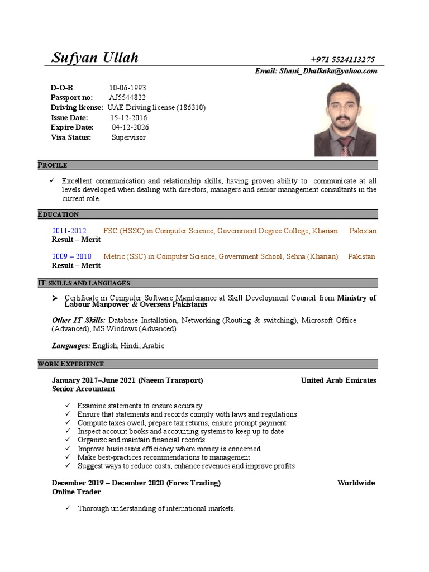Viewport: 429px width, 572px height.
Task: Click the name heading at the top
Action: coord(94,58)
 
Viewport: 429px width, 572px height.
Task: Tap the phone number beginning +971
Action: coord(343,60)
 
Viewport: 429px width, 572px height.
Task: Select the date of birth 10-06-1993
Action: coord(127,88)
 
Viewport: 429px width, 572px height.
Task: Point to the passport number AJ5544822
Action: coord(128,98)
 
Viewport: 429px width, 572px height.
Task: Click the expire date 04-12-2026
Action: coord(130,127)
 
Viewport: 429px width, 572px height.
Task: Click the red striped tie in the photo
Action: coord(345,146)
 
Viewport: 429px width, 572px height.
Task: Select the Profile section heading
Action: coord(53,165)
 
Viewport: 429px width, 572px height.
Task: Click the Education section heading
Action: coord(58,214)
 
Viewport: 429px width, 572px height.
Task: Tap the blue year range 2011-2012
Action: coord(69,231)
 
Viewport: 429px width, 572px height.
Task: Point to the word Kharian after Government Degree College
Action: coord(325,231)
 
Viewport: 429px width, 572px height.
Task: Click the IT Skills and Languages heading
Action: coord(84,283)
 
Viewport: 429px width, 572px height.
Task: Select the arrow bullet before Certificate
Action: coord(55,298)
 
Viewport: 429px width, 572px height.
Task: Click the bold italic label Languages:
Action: coord(71,346)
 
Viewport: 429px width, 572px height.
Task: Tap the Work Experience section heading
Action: coord(70,364)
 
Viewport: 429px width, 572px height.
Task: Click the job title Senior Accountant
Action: coord(83,389)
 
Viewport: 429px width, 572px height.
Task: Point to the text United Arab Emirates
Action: coord(339,380)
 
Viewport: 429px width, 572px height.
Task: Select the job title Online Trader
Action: coord(77,492)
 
